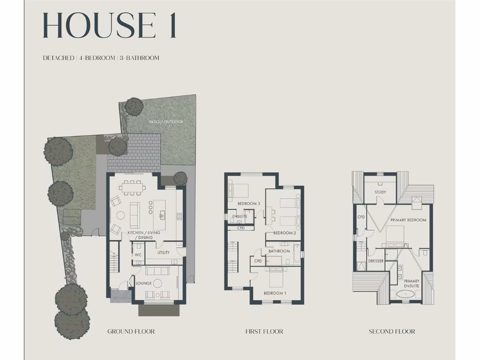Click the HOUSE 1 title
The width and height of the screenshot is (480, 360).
pos(109,26)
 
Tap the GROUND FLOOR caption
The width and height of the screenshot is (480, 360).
pos(131,331)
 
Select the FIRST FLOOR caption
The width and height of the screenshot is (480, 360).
pos(264,331)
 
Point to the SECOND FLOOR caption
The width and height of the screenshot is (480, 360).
pos(392,331)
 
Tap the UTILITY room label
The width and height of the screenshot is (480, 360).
pos(164,253)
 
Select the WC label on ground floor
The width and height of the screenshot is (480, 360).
pos(138,255)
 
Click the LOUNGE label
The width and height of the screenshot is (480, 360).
pos(143,284)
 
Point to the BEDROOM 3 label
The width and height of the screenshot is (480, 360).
pos(248,203)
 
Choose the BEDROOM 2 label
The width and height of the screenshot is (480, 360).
pos(285,233)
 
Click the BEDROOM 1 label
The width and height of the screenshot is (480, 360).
pos(275,293)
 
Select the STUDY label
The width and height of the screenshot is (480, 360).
pos(380,192)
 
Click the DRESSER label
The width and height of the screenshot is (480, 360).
pos(376,261)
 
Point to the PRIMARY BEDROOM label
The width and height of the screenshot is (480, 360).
pos(408,220)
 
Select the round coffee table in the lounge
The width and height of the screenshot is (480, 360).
pos(157,283)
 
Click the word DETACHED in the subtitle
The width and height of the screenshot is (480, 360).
pos(58,58)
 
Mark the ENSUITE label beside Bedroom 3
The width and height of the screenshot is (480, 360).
pos(239,217)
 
